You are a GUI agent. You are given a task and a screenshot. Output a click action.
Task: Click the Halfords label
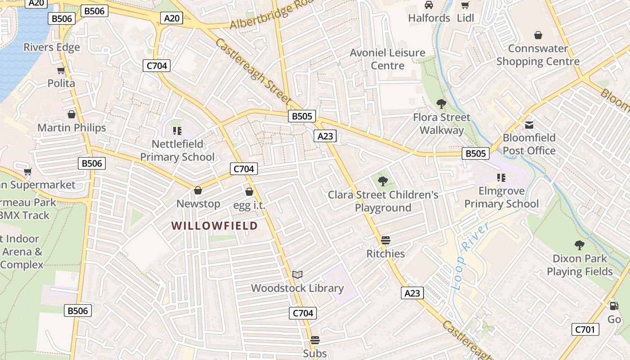tap(429, 18)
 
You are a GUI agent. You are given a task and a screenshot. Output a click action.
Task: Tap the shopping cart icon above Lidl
tap(465, 5)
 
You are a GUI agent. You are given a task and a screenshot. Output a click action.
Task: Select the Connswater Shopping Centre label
tap(538, 55)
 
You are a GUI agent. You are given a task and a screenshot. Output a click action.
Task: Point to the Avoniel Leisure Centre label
tap(387, 59)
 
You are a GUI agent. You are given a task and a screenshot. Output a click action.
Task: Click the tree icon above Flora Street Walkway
tap(441, 104)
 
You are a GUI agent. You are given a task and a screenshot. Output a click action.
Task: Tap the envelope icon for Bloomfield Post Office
tap(529, 125)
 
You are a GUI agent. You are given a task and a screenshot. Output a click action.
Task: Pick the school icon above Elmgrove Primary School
tap(501, 178)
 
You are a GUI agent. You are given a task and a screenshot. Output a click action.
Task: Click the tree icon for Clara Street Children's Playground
tap(383, 181)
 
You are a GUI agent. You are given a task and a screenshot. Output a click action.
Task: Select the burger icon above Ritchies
tap(385, 240)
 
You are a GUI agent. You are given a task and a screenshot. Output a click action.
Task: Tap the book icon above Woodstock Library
tap(297, 274)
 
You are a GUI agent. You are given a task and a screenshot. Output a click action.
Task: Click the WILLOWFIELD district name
tap(214, 225)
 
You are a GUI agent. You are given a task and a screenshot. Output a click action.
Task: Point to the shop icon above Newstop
tap(198, 190)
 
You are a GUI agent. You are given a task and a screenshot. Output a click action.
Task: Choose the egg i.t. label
tap(249, 205)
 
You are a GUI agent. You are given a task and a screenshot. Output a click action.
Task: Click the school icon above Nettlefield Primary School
tap(177, 131)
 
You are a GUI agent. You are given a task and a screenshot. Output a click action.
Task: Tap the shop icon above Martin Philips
tap(71, 114)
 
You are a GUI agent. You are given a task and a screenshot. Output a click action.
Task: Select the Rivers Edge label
tap(52, 47)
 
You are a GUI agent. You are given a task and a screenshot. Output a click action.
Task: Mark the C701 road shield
tap(585, 329)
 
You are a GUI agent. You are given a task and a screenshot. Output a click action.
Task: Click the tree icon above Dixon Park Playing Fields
tap(579, 245)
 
